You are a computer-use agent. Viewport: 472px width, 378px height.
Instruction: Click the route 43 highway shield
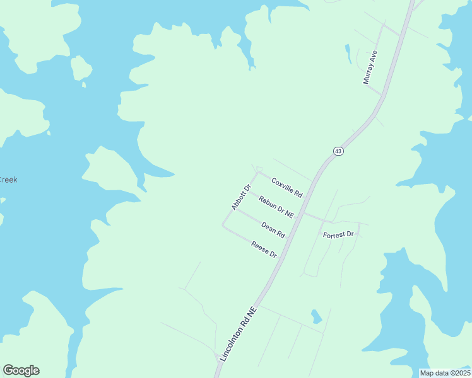pyautogui.click(x=338, y=151)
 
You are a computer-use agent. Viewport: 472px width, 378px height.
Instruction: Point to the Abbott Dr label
pyautogui.click(x=241, y=197)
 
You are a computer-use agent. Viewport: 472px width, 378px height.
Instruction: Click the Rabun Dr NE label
pyautogui.click(x=276, y=206)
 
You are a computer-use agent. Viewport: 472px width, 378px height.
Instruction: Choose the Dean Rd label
pyautogui.click(x=273, y=229)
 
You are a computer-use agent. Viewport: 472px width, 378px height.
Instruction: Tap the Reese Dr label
pyautogui.click(x=264, y=249)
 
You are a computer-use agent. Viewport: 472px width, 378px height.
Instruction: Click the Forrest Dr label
pyautogui.click(x=339, y=235)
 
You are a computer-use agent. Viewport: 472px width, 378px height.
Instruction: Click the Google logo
pyautogui.click(x=21, y=370)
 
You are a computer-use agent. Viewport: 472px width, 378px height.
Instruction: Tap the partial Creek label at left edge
pyautogui.click(x=8, y=180)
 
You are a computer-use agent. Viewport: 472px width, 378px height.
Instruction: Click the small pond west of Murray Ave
pyautogui.click(x=347, y=53)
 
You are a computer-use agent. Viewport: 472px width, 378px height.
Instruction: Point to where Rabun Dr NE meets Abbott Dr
pyautogui.click(x=246, y=192)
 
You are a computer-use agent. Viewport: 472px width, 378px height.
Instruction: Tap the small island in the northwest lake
pyautogui.click(x=81, y=67)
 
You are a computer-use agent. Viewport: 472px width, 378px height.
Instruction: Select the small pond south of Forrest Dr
pyautogui.click(x=317, y=316)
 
